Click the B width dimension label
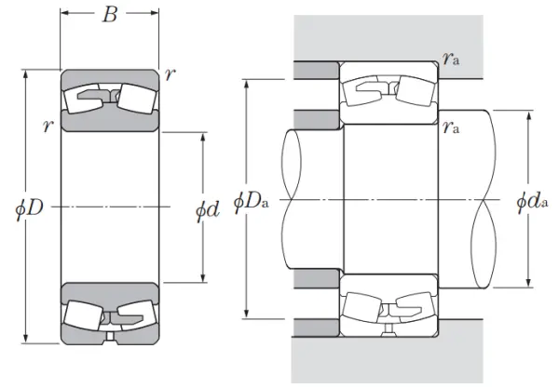click(x=109, y=15)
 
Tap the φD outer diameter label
click(x=29, y=207)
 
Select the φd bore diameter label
click(x=207, y=210)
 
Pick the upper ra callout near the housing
click(x=451, y=58)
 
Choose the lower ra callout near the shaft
click(x=451, y=127)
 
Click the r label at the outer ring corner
click(x=170, y=74)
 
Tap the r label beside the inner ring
click(x=48, y=126)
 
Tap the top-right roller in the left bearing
click(x=137, y=99)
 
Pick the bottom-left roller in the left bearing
click(x=84, y=314)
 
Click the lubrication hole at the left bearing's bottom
click(x=110, y=337)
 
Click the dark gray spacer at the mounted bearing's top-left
click(x=316, y=70)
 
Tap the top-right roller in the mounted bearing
click(x=416, y=91)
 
